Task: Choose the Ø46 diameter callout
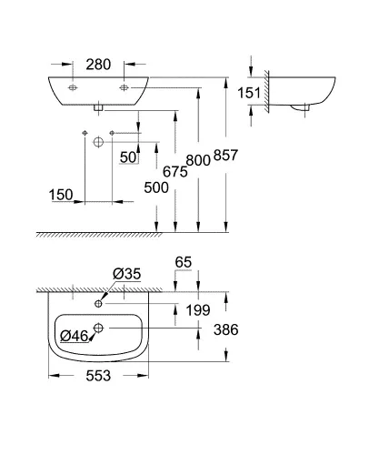pyautogui.click(x=74, y=337)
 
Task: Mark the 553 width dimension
pyautogui.click(x=96, y=376)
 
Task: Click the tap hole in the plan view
pyautogui.click(x=98, y=303)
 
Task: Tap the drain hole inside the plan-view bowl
pyautogui.click(x=100, y=327)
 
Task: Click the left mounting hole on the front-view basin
pyautogui.click(x=71, y=88)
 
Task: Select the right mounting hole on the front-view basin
pyautogui.click(x=124, y=88)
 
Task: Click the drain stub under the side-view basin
pyautogui.click(x=305, y=108)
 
